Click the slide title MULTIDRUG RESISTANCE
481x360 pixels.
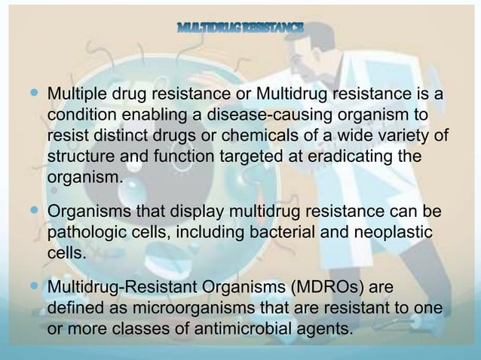pyautogui.click(x=240, y=29)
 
